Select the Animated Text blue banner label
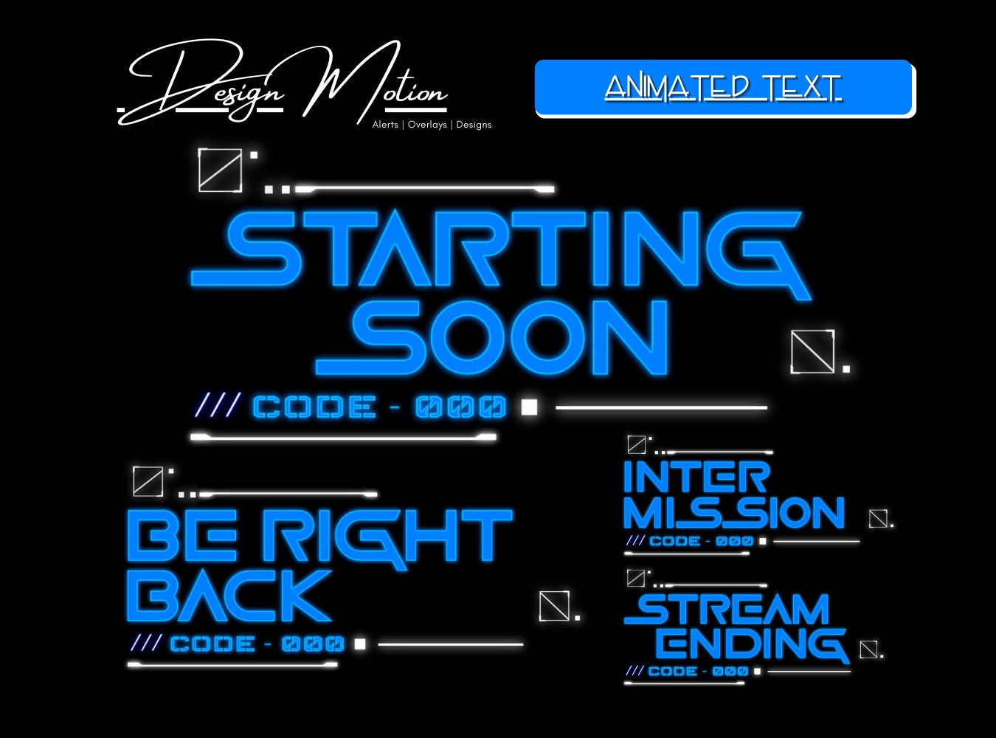tap(723, 88)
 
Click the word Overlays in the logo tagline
tap(427, 125)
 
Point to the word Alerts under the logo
tap(385, 125)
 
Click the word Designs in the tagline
tap(474, 125)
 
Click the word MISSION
tap(733, 512)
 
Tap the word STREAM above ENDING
tap(727, 610)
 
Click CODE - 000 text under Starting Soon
tap(380, 407)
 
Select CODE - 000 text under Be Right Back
tap(257, 644)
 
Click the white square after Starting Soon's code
tap(529, 407)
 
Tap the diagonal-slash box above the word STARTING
tap(220, 170)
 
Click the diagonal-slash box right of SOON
tap(812, 351)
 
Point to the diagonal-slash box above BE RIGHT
tap(148, 481)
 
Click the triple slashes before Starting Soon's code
tap(218, 406)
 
